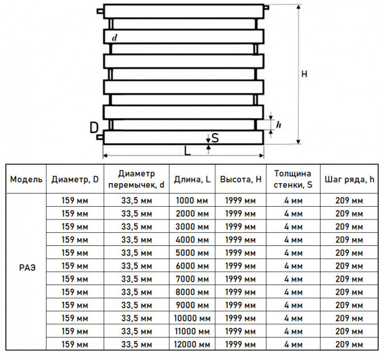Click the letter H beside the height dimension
304,74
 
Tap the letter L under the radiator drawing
187,151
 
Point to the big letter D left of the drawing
94,128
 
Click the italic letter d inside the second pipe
115,38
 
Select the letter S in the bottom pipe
215,138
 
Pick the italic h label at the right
279,125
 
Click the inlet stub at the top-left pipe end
100,12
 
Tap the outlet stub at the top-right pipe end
267,7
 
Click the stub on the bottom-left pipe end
100,137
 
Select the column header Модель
26,179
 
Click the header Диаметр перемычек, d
136,179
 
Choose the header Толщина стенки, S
293,179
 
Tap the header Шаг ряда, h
349,179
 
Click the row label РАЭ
27,268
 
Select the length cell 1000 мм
192,200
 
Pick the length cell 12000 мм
192,344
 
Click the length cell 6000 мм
192,266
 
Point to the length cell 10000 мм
192,319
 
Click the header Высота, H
241,179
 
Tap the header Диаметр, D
75,180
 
